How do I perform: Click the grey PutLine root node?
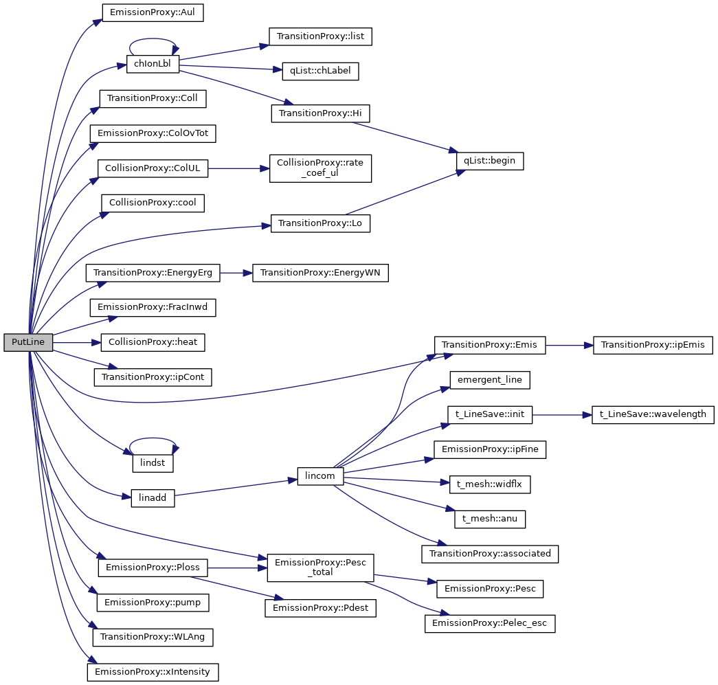pyautogui.click(x=28, y=342)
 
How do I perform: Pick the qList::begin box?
pyautogui.click(x=490, y=161)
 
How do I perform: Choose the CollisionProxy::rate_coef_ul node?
pyautogui.click(x=320, y=168)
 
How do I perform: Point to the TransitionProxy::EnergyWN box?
pyautogui.click(x=320, y=273)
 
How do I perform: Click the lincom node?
pyautogui.click(x=320, y=477)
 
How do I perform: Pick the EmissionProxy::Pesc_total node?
pyautogui.click(x=320, y=567)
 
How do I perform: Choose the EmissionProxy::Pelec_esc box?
pyautogui.click(x=490, y=624)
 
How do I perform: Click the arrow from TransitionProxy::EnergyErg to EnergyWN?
pyautogui.click(x=236, y=273)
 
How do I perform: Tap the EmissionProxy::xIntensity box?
pyautogui.click(x=153, y=671)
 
